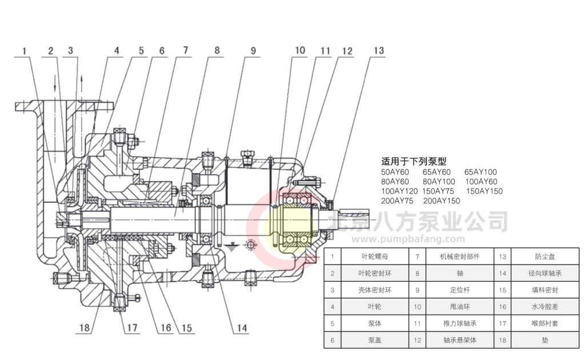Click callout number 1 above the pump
click(x=25, y=51)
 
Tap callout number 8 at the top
click(x=217, y=50)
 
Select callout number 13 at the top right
click(x=378, y=50)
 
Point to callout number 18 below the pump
click(x=84, y=328)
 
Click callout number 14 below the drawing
click(x=243, y=328)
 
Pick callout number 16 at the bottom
click(x=165, y=328)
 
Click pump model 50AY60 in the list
click(x=395, y=172)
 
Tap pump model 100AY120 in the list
click(x=399, y=191)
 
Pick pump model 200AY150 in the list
click(x=442, y=201)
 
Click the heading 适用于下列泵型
click(x=414, y=162)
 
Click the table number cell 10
click(x=418, y=307)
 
